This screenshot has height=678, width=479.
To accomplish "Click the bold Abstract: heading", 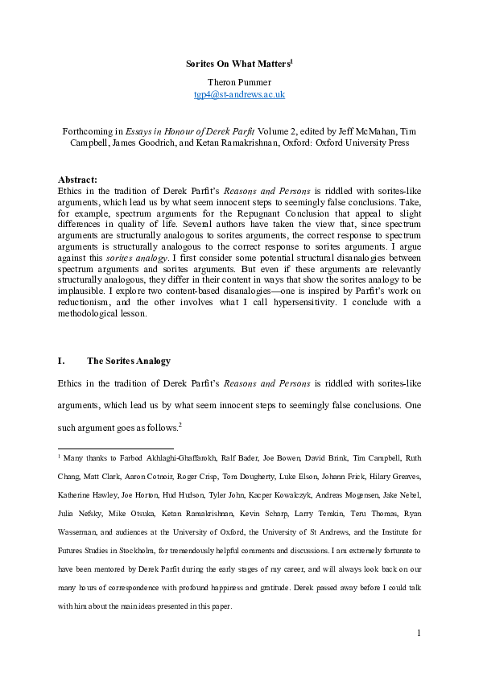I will (78, 179).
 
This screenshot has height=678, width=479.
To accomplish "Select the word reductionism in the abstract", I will (89, 302).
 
